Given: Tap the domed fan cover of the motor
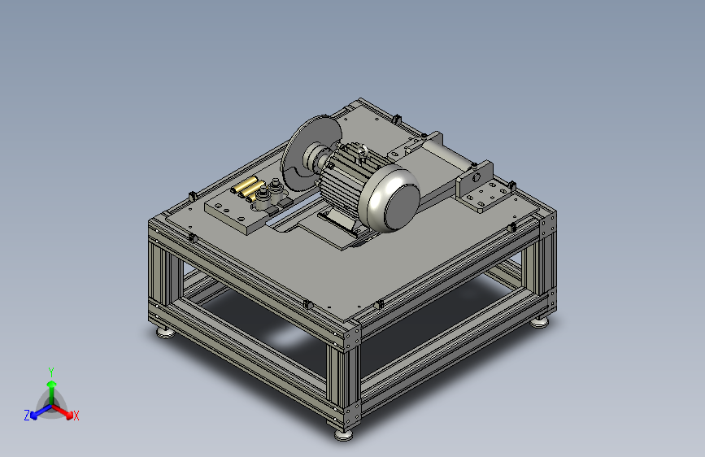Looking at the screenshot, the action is pyautogui.click(x=394, y=198).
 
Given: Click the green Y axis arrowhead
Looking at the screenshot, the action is pyautogui.click(x=52, y=385).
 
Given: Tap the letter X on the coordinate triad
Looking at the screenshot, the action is pyautogui.click(x=76, y=416).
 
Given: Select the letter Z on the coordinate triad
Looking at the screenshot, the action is pyautogui.click(x=27, y=416).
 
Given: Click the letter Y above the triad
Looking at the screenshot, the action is pyautogui.click(x=51, y=372).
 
